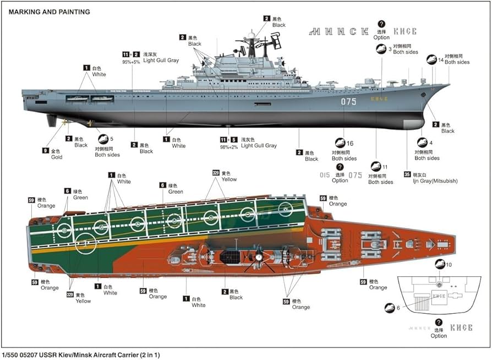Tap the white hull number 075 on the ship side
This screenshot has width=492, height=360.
348,102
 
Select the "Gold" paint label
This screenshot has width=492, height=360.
56,157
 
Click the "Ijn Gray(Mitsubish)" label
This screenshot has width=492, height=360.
439,181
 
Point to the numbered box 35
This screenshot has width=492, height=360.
407,174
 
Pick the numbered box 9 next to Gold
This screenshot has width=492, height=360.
45,150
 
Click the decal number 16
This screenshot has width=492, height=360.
349,144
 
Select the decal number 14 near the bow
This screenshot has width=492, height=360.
441,61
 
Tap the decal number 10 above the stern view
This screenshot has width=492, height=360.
449,265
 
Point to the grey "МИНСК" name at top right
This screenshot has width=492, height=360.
338,31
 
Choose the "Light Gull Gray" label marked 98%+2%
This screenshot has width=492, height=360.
255,146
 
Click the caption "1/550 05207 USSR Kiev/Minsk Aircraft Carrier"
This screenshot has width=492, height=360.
80,355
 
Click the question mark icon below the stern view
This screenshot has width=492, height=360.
439,322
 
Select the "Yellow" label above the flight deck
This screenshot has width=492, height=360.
229,179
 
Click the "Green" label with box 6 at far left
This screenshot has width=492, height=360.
80,197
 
